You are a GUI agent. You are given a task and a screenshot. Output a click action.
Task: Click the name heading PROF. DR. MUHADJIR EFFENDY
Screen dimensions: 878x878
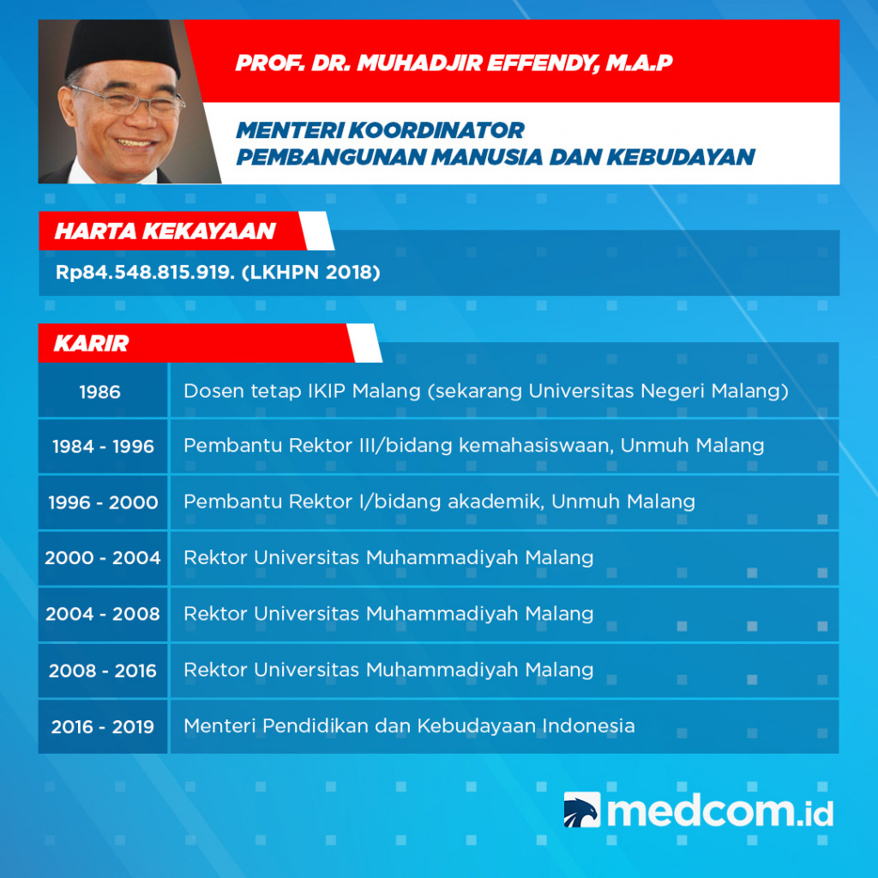[x=454, y=63]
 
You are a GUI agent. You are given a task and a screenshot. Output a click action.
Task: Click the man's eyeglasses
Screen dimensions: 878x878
[x=129, y=102]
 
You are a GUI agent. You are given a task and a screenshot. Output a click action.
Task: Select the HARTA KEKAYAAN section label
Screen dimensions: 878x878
[x=165, y=232]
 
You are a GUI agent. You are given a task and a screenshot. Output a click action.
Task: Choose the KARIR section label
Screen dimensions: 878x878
[x=92, y=344]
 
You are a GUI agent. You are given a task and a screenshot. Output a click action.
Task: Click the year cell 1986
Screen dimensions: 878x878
[x=100, y=392]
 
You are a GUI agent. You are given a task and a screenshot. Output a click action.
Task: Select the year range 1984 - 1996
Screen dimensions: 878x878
[x=103, y=447]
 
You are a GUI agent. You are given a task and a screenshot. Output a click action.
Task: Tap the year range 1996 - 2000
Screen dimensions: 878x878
[x=103, y=502]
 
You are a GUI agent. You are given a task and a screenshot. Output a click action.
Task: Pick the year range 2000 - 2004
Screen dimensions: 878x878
[x=103, y=558]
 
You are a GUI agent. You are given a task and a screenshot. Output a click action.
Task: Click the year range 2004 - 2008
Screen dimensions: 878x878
[x=103, y=614]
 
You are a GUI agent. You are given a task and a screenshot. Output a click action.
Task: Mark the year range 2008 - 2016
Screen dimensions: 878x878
[x=103, y=671]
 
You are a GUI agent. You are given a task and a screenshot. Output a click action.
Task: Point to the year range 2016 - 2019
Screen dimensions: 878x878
[x=103, y=727]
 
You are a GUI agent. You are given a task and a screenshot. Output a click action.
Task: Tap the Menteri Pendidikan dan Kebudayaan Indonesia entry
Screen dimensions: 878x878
[x=409, y=726]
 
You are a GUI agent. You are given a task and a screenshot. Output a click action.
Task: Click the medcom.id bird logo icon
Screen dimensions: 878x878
[x=581, y=810]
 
